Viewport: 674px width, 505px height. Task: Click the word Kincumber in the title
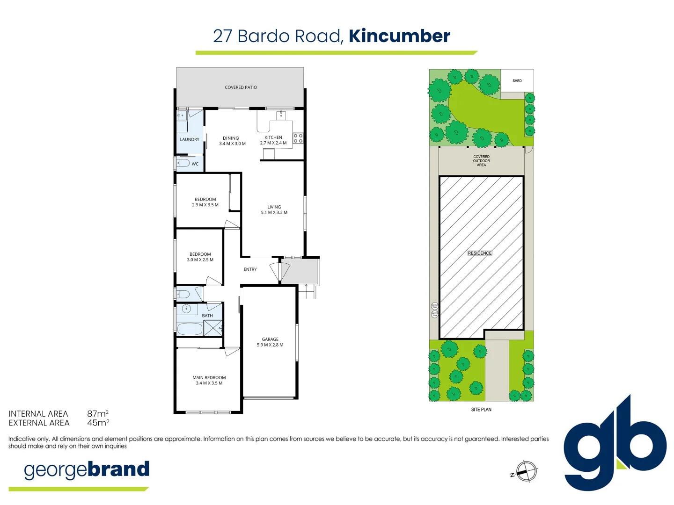pyautogui.click(x=399, y=36)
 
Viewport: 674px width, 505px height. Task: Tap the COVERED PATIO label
pyautogui.click(x=241, y=87)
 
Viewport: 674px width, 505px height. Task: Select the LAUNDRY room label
pyautogui.click(x=190, y=139)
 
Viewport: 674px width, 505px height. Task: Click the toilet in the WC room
pyautogui.click(x=183, y=163)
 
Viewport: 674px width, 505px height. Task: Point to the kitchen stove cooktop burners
pyautogui.click(x=298, y=138)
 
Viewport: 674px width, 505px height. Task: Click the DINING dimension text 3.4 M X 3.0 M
pyautogui.click(x=232, y=144)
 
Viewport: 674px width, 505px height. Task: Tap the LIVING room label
pyautogui.click(x=274, y=207)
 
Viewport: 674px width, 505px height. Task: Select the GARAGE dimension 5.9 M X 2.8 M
pyautogui.click(x=270, y=345)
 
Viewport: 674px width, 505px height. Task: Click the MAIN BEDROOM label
pyautogui.click(x=209, y=377)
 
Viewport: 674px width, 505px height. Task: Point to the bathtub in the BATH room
pyautogui.click(x=190, y=329)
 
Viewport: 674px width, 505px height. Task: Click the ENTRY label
pyautogui.click(x=250, y=269)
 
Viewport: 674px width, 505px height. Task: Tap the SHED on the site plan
pyautogui.click(x=517, y=80)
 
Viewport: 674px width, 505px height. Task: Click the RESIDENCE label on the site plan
pyautogui.click(x=480, y=253)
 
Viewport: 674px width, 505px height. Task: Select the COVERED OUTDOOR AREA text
pyautogui.click(x=481, y=161)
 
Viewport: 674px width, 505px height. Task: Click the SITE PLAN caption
pyautogui.click(x=481, y=410)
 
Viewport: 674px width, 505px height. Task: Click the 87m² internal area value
pyautogui.click(x=98, y=414)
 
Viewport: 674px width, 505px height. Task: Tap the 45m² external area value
pyautogui.click(x=98, y=423)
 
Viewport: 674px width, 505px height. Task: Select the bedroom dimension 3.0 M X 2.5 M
pyautogui.click(x=200, y=260)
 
